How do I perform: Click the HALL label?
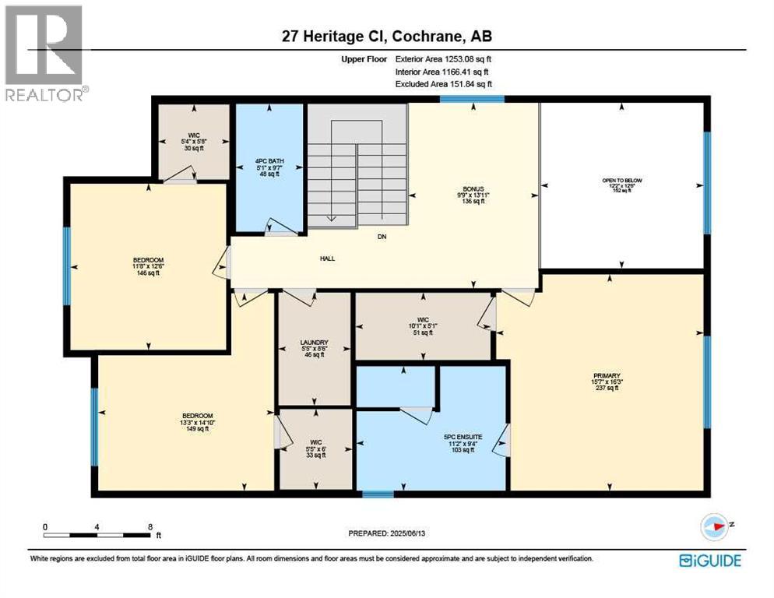pyautogui.click(x=327, y=259)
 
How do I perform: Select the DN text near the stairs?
pyautogui.click(x=382, y=237)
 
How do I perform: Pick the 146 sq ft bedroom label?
pyautogui.click(x=148, y=266)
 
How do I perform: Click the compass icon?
pyautogui.click(x=712, y=527)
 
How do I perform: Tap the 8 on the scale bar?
pyautogui.click(x=150, y=527)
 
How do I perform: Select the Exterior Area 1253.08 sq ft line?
pyautogui.click(x=443, y=58)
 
